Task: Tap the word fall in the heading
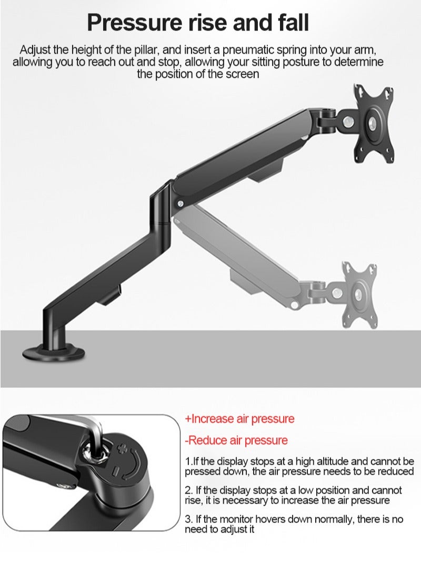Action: (x=290, y=23)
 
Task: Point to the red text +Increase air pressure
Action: (x=239, y=419)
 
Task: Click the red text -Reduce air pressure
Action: (x=236, y=440)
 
